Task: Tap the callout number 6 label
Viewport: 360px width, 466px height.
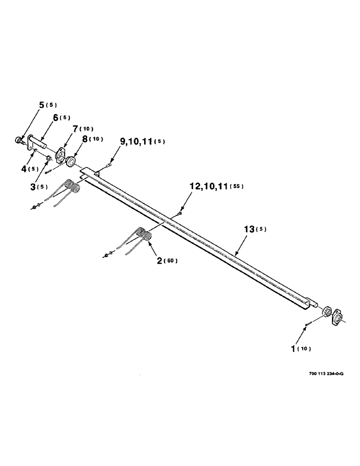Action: (x=55, y=118)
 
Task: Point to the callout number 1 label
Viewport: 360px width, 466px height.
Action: (x=294, y=348)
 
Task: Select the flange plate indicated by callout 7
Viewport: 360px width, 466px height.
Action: (x=61, y=155)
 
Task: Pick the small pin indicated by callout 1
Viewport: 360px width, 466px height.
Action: (x=308, y=324)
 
